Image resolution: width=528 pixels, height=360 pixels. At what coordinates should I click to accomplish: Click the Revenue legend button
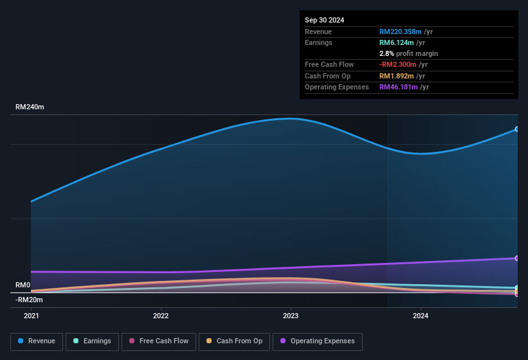37,341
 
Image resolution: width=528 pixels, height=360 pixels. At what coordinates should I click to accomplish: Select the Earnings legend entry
92,341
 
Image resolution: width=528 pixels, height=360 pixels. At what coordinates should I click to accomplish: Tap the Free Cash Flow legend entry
158,341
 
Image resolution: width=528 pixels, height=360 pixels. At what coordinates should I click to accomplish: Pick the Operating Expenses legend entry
317,341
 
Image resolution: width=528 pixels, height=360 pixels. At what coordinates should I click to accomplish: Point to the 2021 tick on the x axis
31,316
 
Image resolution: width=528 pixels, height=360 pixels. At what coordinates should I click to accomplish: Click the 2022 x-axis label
161,316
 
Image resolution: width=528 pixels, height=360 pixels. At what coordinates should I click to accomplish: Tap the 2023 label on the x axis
291,316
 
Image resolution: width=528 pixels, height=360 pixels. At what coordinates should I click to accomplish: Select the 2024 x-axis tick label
421,316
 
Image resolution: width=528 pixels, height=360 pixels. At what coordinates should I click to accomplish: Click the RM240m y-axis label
30,107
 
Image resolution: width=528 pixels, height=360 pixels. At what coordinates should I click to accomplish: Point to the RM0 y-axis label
23,285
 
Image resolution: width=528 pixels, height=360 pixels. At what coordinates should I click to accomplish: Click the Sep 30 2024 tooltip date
324,20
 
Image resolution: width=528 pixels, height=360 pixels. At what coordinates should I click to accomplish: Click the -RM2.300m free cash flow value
398,65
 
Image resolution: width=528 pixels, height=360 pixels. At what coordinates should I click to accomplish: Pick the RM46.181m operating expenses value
400,87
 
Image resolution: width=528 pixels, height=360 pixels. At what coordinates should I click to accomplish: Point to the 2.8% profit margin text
408,53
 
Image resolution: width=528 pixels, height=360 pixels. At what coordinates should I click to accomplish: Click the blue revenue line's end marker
516,129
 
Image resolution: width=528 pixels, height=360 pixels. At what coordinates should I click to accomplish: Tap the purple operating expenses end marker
516,258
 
